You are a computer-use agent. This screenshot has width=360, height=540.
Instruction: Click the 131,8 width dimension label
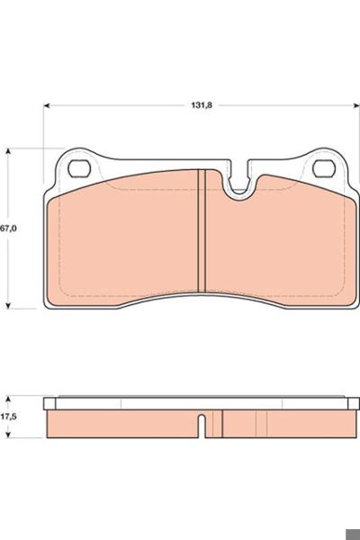(202, 105)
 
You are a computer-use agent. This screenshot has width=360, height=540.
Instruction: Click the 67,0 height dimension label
(8, 229)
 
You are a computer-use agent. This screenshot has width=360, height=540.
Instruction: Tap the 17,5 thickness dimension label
(9, 417)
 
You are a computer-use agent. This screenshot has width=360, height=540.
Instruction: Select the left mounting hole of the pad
(79, 169)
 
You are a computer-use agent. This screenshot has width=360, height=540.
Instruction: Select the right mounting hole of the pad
(324, 169)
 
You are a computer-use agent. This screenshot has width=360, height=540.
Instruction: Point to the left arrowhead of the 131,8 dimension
(47, 105)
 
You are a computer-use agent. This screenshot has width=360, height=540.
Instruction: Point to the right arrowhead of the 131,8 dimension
(355, 105)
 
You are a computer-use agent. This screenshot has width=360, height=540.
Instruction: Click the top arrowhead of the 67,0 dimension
(9, 152)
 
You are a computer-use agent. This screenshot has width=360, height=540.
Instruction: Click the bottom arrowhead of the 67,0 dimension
(9, 305)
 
